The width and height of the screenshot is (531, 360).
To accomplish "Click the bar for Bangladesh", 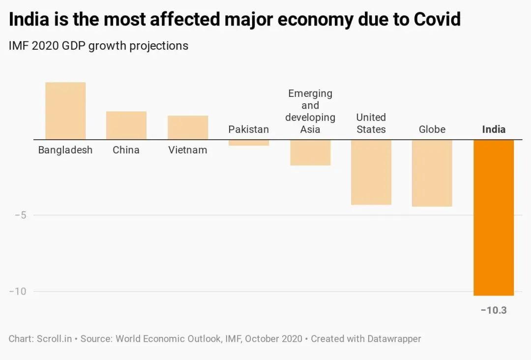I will tap(65, 111).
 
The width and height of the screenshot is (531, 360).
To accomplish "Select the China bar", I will tap(126, 125).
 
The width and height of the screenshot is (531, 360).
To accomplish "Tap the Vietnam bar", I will tap(188, 127).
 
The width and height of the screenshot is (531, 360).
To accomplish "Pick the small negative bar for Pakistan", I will tap(249, 143).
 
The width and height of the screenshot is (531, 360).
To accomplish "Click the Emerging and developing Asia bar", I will tap(310, 152).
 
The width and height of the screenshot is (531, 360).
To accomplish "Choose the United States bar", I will tap(371, 172).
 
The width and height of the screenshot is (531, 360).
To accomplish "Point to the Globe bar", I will tap(432, 173).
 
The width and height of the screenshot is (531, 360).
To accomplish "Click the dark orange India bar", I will tap(494, 217).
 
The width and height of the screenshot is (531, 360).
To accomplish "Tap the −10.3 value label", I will tap(494, 310).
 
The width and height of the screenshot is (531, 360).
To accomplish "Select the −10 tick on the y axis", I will tap(17, 291).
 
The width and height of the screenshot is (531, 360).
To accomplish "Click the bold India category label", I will tap(494, 129).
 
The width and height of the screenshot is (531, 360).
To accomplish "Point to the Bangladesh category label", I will tap(65, 150).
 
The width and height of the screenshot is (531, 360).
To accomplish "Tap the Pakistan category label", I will tap(249, 129).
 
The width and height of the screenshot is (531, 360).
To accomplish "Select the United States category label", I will tap(371, 123).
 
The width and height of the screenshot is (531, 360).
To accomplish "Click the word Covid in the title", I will tap(437, 20).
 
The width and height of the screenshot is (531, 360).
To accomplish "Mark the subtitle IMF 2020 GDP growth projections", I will tap(98, 46).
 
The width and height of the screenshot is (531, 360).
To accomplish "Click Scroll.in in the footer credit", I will tap(54, 339).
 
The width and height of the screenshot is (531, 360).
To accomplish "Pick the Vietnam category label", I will tap(188, 150).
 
